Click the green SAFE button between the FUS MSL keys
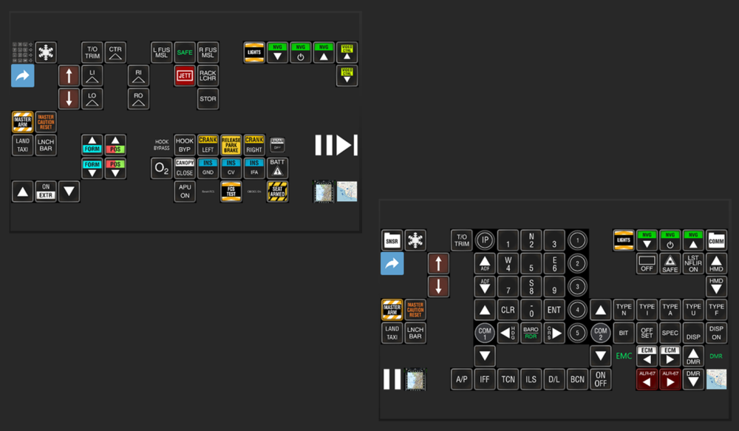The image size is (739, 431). click(185, 52)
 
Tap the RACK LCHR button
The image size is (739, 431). click(208, 75)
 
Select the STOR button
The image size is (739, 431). click(208, 98)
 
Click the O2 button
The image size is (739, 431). click(161, 169)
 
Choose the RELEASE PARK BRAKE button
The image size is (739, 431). click(231, 145)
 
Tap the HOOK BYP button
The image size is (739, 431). click(185, 145)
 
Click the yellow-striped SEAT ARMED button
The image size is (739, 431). click(277, 191)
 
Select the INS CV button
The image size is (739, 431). click(231, 169)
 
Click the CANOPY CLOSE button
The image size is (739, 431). click(185, 169)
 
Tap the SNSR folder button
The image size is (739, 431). click(392, 240)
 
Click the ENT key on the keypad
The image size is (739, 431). click(554, 309)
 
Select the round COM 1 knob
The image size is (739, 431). click(485, 332)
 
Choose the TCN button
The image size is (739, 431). click(508, 379)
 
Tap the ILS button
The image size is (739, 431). click(531, 379)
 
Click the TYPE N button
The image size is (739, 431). click(624, 309)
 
